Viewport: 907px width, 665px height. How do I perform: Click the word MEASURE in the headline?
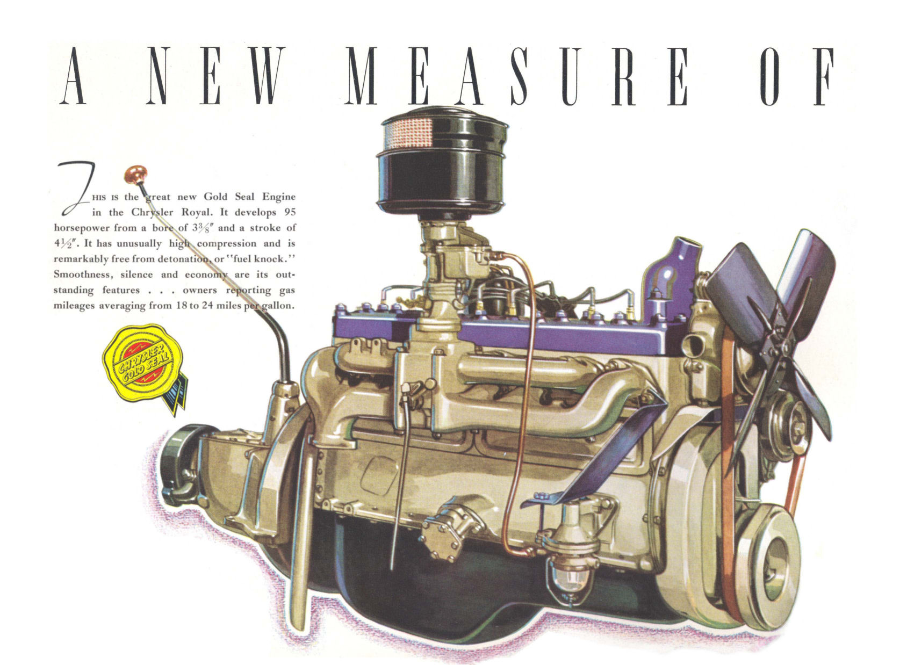point(516,76)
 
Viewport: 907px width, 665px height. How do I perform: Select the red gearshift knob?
point(135,175)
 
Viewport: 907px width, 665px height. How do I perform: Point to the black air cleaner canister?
point(442,161)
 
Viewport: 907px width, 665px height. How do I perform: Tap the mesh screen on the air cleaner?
point(408,132)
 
